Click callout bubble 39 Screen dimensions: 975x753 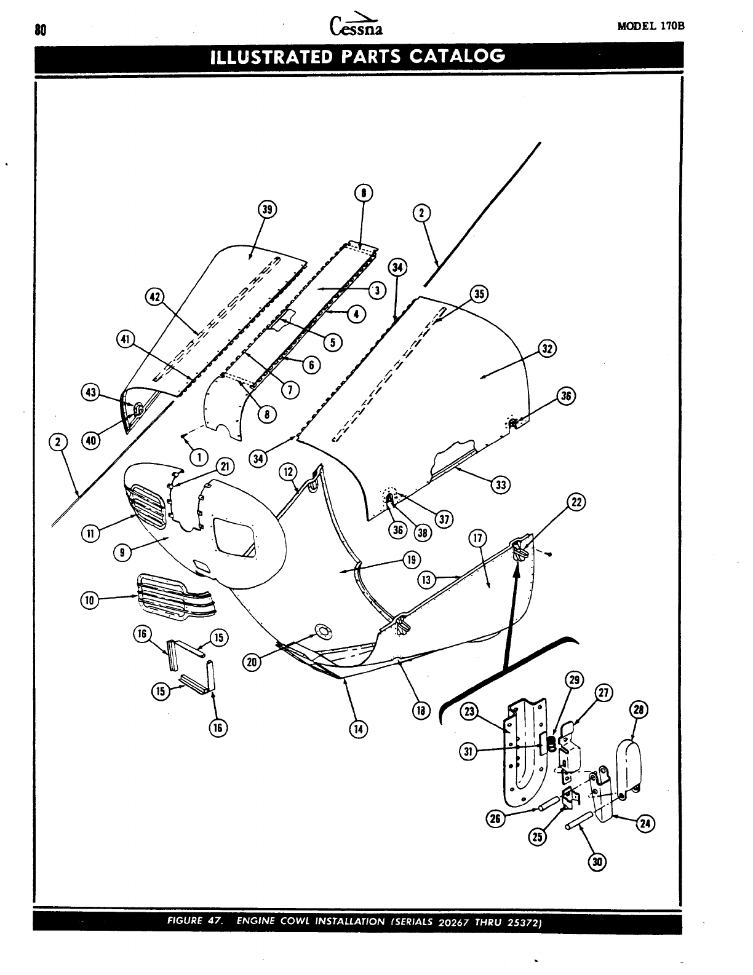(267, 210)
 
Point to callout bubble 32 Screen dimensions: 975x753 (547, 349)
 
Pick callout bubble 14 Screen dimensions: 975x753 (357, 728)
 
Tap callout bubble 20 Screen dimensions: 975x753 (251, 661)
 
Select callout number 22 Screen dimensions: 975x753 (576, 502)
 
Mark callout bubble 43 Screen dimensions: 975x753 (91, 392)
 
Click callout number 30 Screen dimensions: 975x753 (596, 862)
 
